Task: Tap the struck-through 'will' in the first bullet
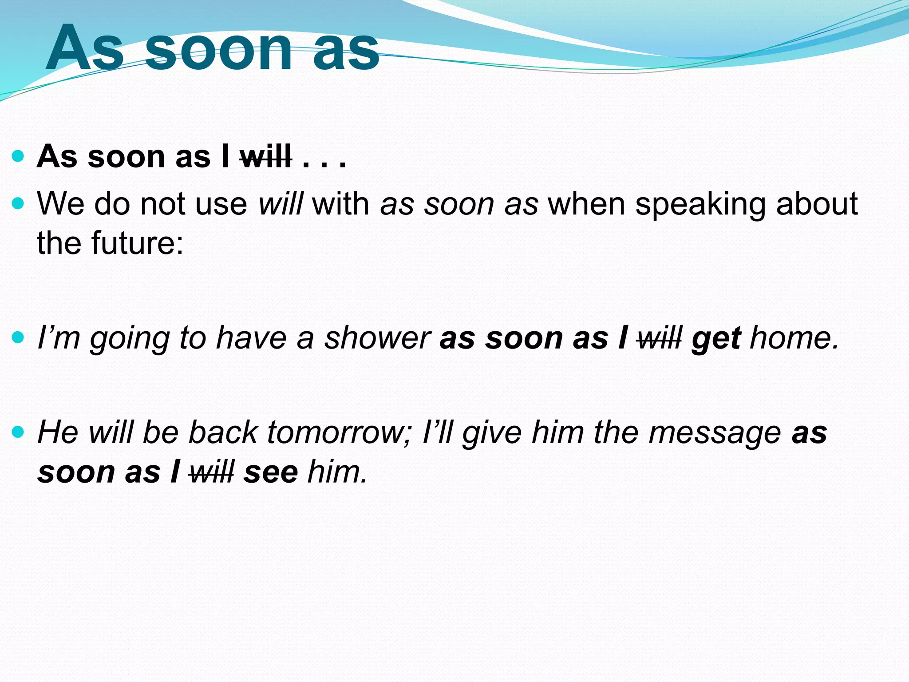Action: tap(265, 157)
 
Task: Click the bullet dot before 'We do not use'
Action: tap(18, 204)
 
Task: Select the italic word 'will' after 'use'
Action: tap(281, 204)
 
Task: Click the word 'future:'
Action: tap(137, 243)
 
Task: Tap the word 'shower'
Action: tap(377, 338)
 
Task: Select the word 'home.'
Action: tap(794, 338)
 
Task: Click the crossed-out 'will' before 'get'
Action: tap(659, 338)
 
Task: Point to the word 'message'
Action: tap(715, 433)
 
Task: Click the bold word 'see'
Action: tap(271, 472)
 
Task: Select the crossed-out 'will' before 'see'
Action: tap(211, 472)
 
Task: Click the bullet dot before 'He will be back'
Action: tap(18, 431)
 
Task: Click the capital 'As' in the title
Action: tap(84, 49)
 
